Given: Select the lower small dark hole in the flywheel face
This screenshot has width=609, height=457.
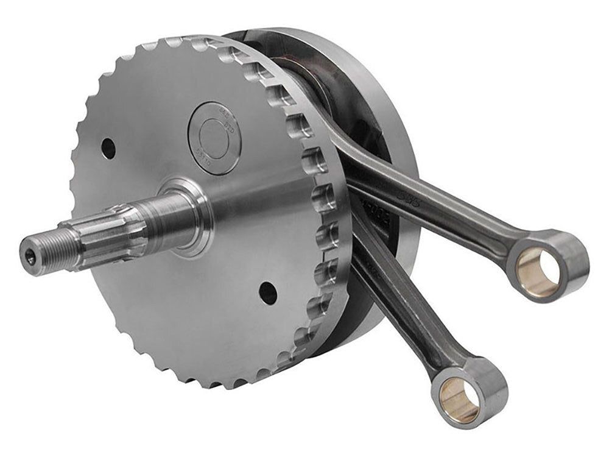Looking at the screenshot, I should (267, 294).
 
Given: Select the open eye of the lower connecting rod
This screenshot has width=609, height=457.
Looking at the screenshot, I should (460, 400).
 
